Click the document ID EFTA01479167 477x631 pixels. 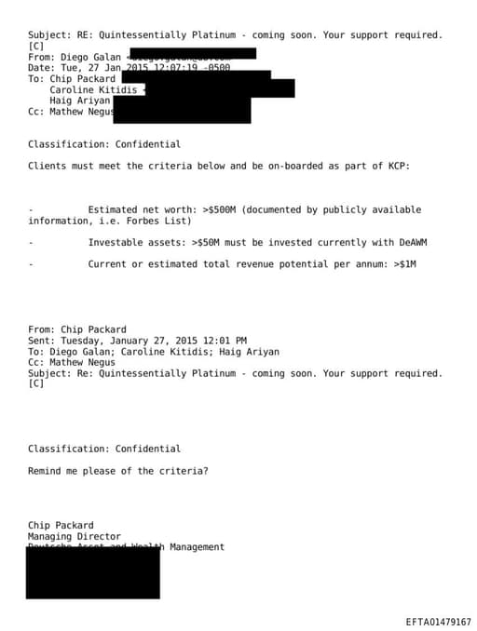[x=438, y=622]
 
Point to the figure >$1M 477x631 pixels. [x=405, y=264]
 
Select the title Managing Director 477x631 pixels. [x=75, y=537]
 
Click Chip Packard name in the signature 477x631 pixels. [x=61, y=526]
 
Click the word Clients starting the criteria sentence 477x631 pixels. [x=47, y=167]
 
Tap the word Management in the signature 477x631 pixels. [x=197, y=547]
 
